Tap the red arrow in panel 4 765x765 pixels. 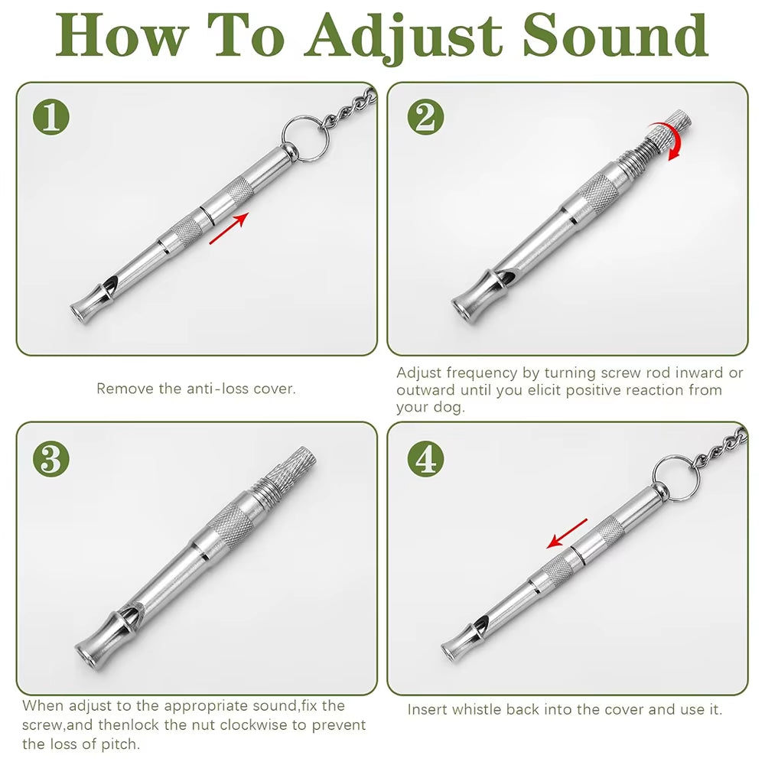pos(567,533)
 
